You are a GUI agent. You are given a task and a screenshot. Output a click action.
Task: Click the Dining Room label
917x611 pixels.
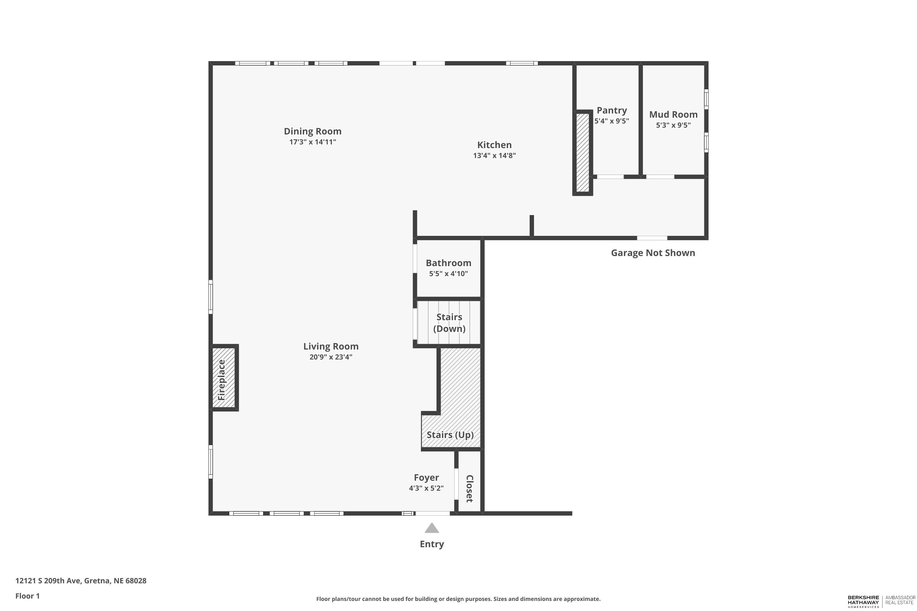(x=312, y=131)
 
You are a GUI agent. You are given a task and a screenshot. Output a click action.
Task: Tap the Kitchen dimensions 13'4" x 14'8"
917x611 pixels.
(x=494, y=155)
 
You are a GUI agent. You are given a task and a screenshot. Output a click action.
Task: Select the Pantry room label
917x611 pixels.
(x=612, y=110)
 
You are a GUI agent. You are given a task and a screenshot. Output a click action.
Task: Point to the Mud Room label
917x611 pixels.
(x=673, y=115)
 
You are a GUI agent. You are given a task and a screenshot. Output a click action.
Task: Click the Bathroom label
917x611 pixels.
(x=448, y=263)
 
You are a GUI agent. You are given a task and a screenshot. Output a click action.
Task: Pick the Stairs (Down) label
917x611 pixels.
(x=449, y=323)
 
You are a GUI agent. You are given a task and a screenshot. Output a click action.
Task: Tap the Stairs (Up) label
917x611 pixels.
(x=450, y=435)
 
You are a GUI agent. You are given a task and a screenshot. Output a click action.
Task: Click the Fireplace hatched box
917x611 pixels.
(x=223, y=378)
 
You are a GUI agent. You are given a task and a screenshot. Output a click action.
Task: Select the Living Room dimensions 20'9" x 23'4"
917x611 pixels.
(x=331, y=357)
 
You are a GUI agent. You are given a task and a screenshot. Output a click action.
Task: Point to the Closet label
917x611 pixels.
(x=470, y=488)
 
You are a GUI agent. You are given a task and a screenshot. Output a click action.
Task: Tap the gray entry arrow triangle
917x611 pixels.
(x=432, y=529)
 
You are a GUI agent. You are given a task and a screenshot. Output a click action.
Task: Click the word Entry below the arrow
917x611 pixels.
(x=432, y=544)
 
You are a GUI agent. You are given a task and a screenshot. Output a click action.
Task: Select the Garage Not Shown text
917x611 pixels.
(x=653, y=253)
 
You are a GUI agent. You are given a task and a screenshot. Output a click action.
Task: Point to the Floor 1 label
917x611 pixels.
(x=27, y=596)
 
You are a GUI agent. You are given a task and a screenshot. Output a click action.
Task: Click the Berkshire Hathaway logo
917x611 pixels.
(x=882, y=601)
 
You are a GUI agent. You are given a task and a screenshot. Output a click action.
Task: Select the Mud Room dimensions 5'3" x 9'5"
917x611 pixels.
(x=673, y=125)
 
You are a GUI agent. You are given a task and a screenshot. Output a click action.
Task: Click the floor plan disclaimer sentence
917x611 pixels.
(x=458, y=599)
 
